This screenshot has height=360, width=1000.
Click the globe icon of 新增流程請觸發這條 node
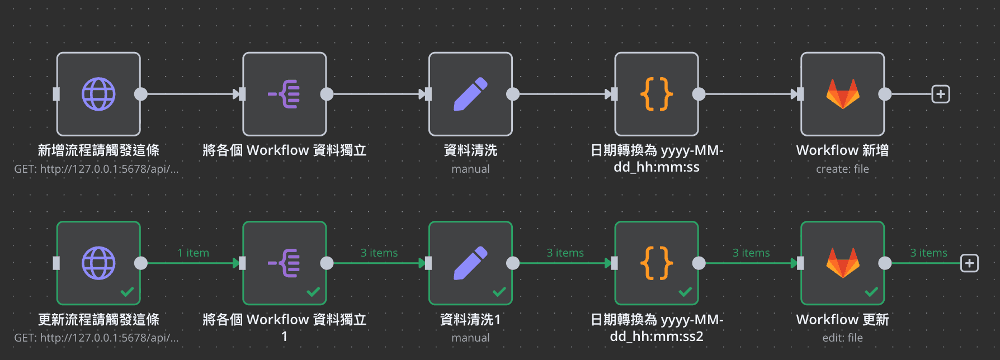98,94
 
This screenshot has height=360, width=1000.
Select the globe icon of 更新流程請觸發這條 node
98,263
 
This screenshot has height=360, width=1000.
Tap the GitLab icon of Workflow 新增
842,94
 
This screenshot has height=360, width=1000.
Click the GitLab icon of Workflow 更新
842,263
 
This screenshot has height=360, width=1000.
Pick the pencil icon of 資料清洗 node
470,94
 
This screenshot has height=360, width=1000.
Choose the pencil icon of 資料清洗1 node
470,263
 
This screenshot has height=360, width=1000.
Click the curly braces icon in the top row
657,94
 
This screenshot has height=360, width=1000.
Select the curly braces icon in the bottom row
657,263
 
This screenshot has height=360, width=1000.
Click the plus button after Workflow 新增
941,94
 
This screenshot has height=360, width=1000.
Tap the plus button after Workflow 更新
969,263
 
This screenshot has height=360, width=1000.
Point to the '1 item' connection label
193,253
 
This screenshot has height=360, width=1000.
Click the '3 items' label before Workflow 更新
751,253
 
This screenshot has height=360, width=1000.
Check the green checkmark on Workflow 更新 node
871,292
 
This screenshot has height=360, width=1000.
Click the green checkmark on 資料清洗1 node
499,292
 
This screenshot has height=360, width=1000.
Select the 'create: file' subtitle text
842,169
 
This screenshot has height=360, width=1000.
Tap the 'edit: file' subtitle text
842,338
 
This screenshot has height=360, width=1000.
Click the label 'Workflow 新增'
842,150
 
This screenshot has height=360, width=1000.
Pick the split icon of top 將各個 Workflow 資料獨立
284,94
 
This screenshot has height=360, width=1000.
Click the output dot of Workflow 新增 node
885,94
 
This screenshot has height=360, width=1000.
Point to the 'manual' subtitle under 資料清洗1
470,338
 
